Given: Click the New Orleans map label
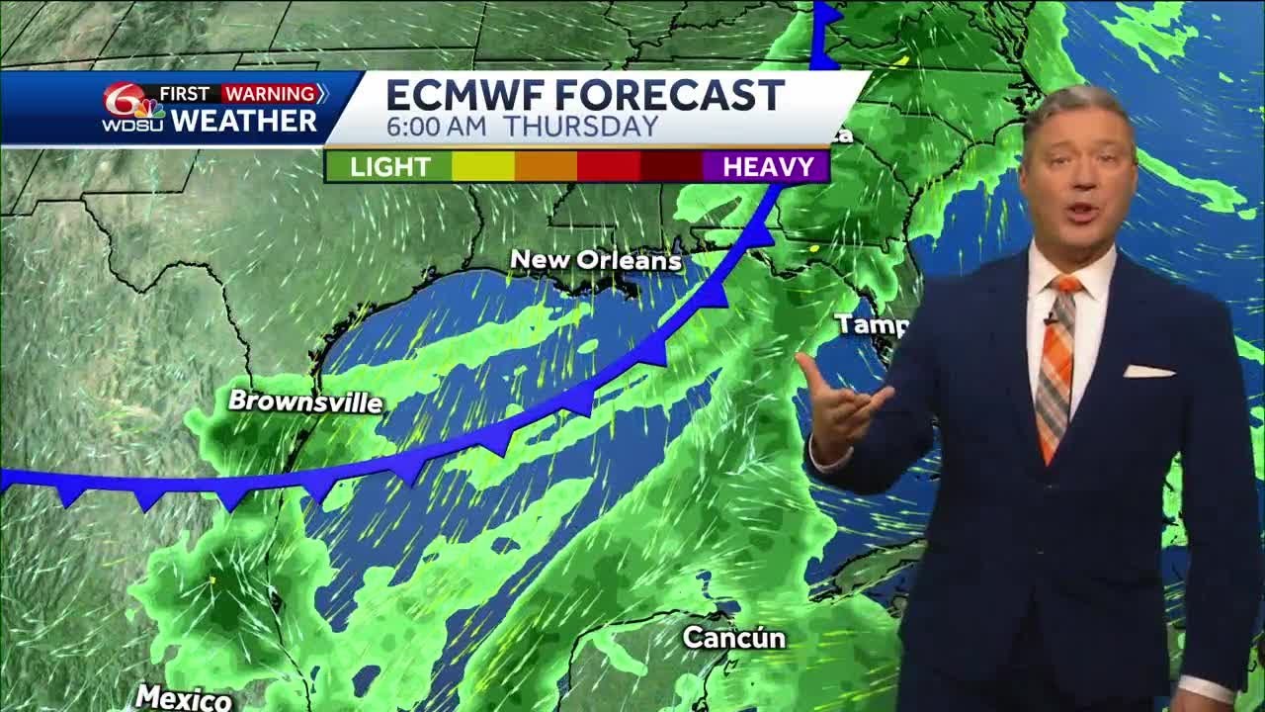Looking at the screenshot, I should (596, 260).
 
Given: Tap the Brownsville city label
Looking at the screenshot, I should (305, 401).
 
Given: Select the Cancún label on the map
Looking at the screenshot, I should (734, 638).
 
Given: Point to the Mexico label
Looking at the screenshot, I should (184, 697).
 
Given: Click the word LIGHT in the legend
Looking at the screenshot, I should (389, 166).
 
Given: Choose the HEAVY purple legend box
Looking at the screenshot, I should (767, 166).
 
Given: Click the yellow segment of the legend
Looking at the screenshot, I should (483, 166).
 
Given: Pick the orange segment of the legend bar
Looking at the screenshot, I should (546, 166).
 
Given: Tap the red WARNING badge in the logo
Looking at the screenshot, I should (269, 94).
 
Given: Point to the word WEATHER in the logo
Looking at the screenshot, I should (244, 121).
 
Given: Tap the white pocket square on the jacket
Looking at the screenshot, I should (1148, 372).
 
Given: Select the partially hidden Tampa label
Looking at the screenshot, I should (859, 324).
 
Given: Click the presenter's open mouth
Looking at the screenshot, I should (1081, 211).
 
